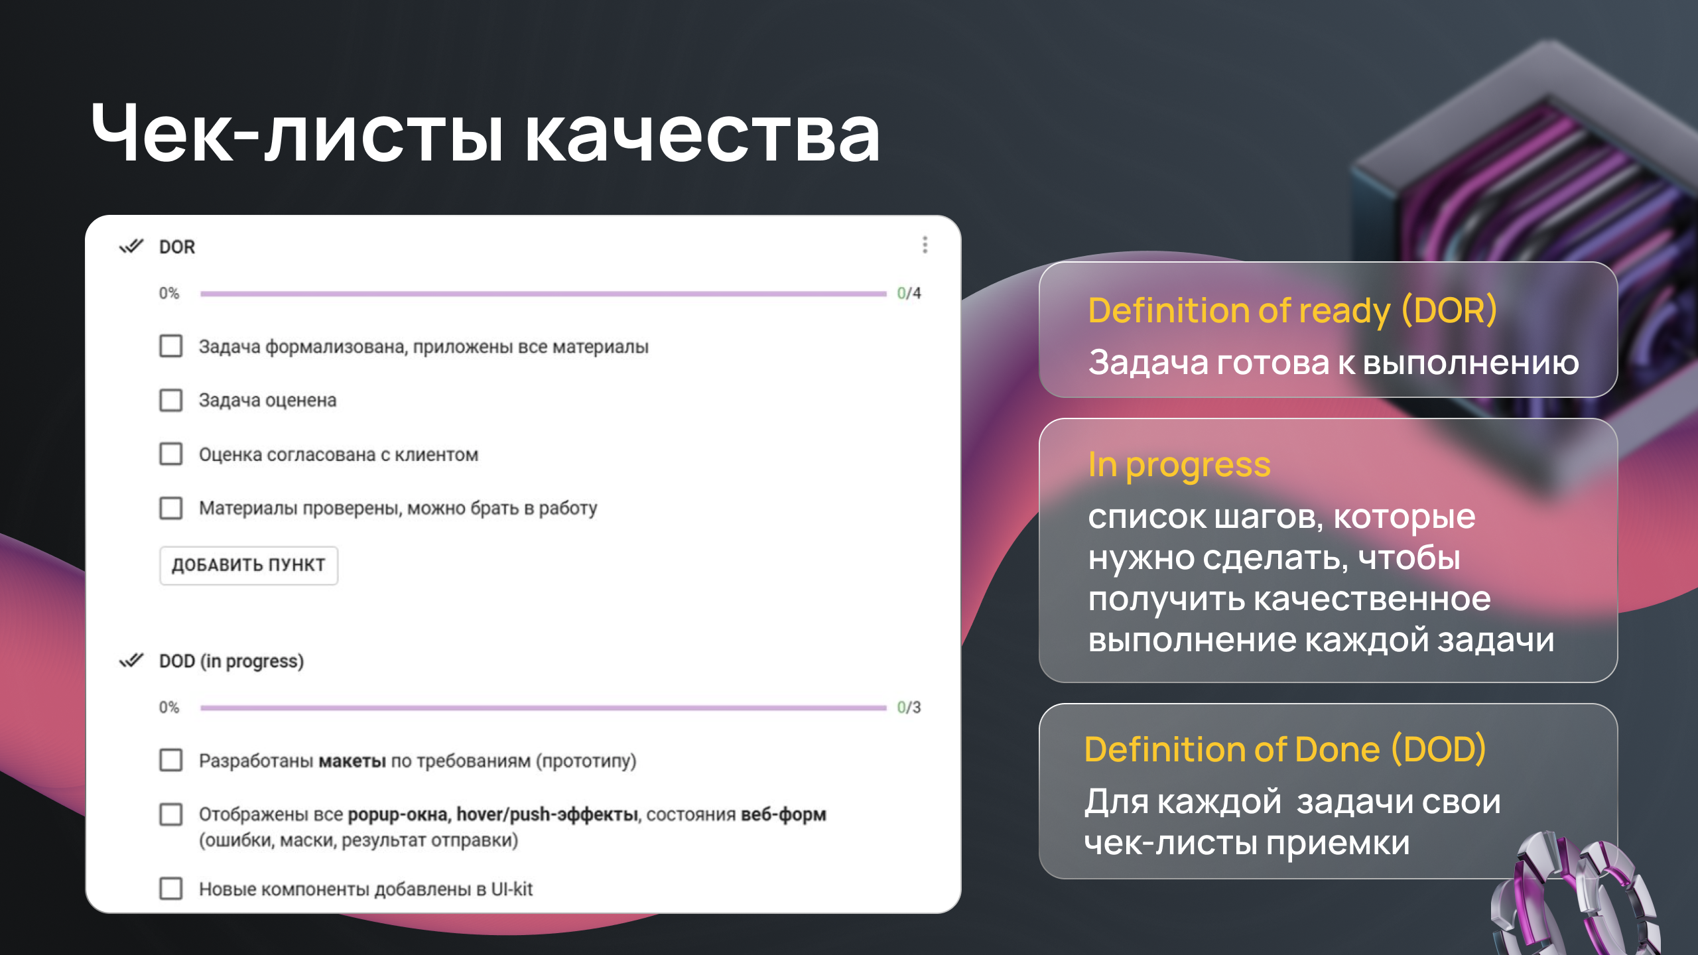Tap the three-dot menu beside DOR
(x=925, y=245)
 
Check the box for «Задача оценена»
(x=171, y=400)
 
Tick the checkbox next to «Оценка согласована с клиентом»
(x=171, y=454)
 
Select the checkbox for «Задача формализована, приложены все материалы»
(x=171, y=346)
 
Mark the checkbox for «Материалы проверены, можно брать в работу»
(x=171, y=508)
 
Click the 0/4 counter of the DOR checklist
(x=909, y=293)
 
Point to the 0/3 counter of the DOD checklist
(x=909, y=707)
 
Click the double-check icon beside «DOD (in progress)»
(x=131, y=661)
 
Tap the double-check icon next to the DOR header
(x=131, y=247)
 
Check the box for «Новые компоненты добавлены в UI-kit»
(x=171, y=888)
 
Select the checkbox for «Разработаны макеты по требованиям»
(x=171, y=760)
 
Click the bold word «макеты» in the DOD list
(x=352, y=761)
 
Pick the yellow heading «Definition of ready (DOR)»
(x=1292, y=310)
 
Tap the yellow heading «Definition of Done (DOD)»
(x=1285, y=749)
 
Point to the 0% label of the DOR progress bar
(x=169, y=293)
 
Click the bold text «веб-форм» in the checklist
(x=783, y=814)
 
